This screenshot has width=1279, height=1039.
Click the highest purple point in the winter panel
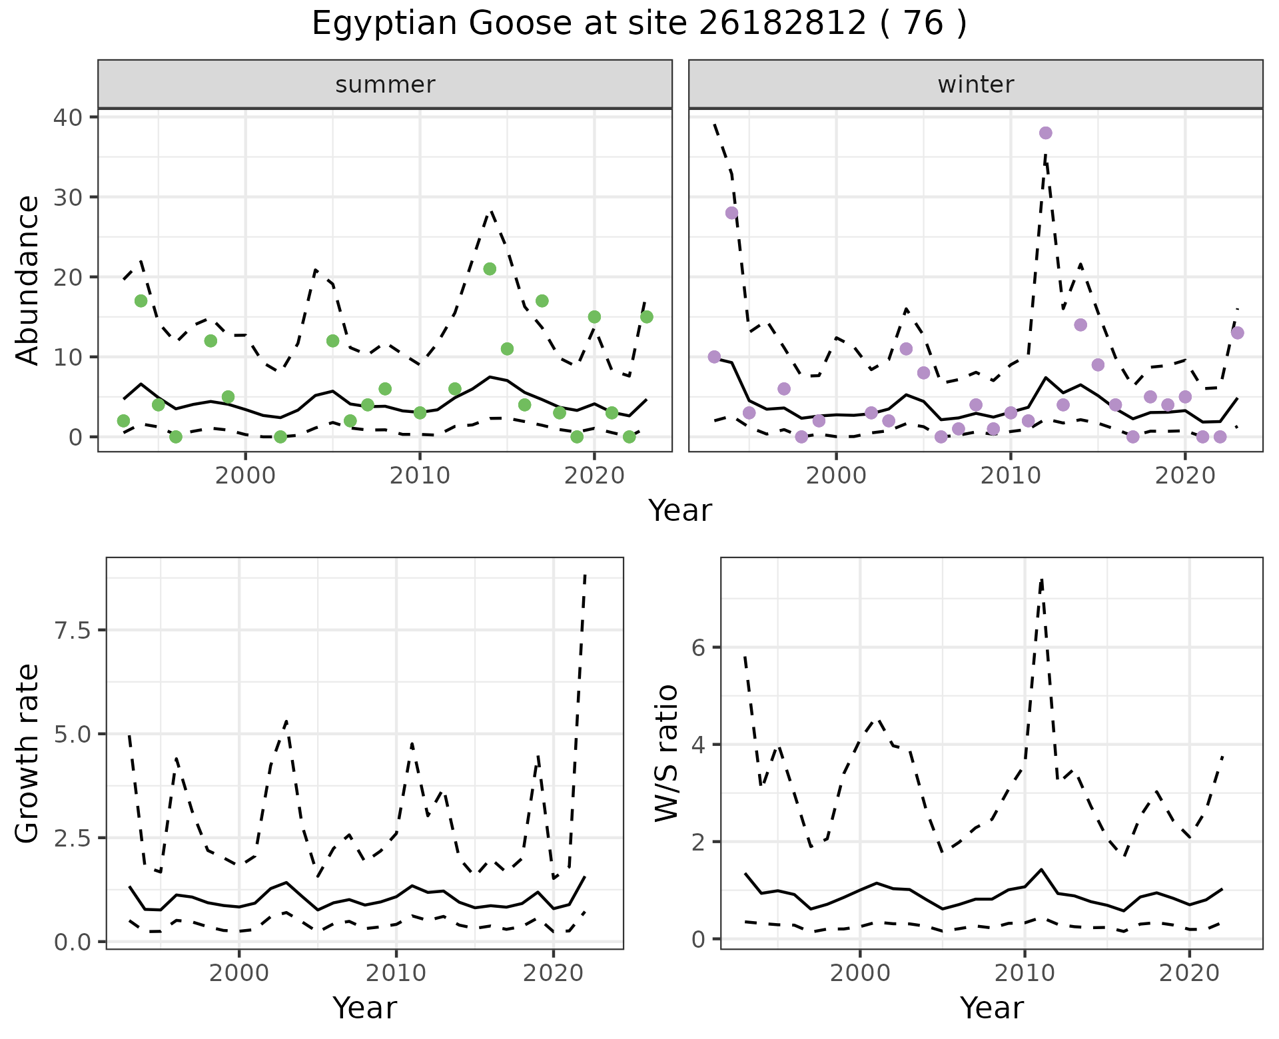click(x=1045, y=133)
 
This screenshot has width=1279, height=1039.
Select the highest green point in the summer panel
click(x=490, y=269)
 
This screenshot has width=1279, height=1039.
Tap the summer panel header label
click(x=385, y=85)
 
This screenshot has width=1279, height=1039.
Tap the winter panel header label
click(x=976, y=85)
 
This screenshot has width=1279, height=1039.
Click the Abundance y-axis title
click(x=27, y=280)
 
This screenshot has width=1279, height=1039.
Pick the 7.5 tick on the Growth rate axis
click(x=73, y=630)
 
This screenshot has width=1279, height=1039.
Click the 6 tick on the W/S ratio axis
click(x=699, y=647)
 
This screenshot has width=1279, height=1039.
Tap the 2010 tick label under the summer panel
click(x=420, y=476)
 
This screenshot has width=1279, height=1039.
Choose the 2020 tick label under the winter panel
click(x=1185, y=476)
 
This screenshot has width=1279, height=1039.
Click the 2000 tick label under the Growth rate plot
click(x=239, y=974)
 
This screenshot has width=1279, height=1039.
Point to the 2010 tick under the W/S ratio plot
click(x=1024, y=974)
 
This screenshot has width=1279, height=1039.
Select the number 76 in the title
click(x=923, y=24)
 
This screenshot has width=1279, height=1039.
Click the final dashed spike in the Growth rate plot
click(x=585, y=574)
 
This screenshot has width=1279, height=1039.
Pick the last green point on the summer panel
click(x=646, y=317)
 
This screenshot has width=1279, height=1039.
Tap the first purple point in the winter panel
click(x=715, y=357)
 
